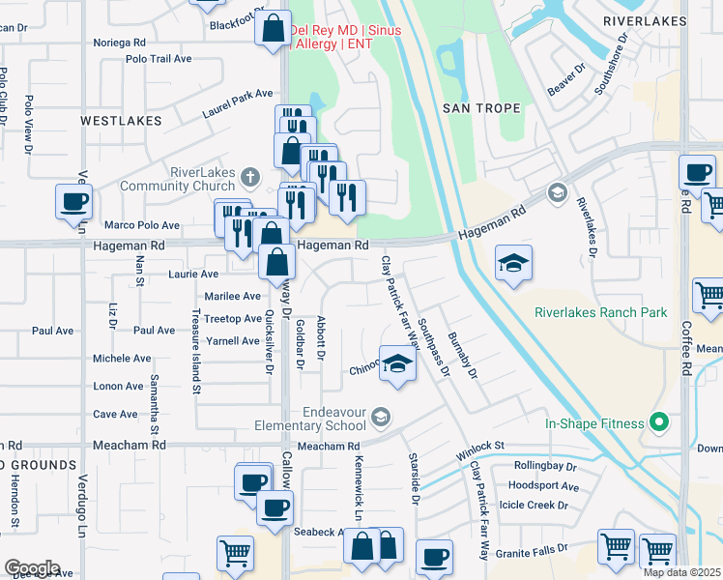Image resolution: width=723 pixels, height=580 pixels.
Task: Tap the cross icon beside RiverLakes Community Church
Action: (x=250, y=177)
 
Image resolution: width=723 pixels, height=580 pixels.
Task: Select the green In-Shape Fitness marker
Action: (x=661, y=423)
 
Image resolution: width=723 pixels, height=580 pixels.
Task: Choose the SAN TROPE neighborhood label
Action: (x=475, y=108)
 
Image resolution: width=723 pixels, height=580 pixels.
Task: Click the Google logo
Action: (x=32, y=568)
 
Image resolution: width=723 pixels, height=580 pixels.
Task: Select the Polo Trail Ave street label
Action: (x=159, y=59)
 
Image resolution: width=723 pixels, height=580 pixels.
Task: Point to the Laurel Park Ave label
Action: (x=238, y=103)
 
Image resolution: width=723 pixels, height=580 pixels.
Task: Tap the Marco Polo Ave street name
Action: (x=142, y=225)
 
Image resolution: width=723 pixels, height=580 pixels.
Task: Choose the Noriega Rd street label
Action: (x=119, y=43)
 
